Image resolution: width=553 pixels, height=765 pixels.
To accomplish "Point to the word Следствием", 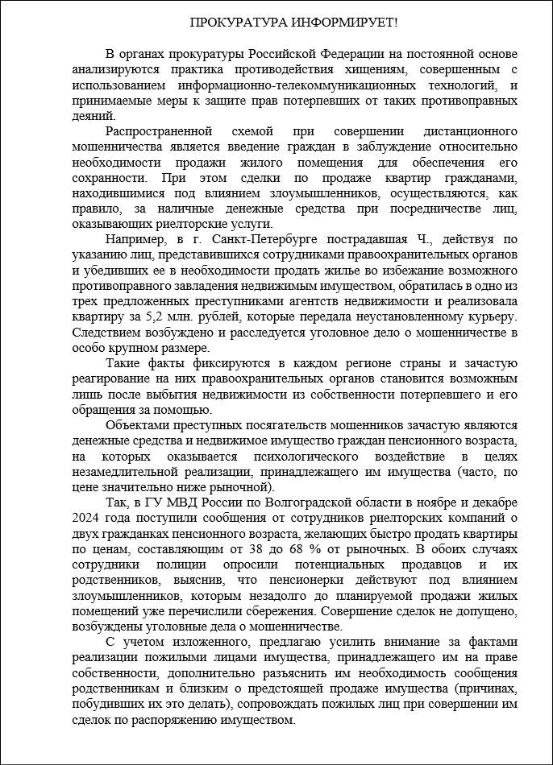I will tap(104, 332).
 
